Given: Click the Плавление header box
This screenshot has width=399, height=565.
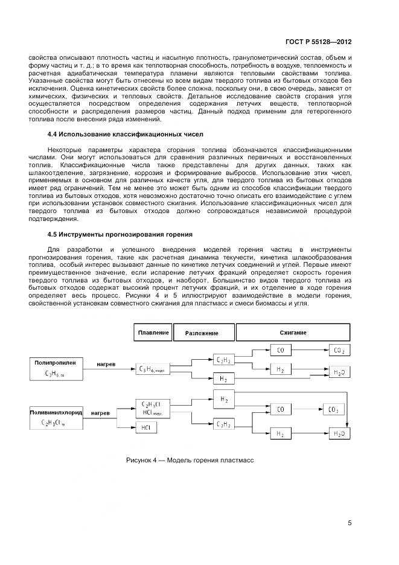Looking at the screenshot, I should point(153,333).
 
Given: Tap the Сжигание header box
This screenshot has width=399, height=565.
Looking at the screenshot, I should point(293,333).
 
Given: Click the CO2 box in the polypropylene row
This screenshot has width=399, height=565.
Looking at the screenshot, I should point(339,350).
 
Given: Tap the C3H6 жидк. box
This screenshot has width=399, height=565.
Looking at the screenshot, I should point(156,368).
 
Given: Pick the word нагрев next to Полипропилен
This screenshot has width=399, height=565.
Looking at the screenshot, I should point(107,364).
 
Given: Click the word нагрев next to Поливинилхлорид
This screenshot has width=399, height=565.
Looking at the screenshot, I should point(100,413).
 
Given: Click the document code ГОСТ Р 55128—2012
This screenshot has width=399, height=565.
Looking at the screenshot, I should point(319,43).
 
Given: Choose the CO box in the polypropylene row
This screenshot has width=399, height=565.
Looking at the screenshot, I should point(280,350).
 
